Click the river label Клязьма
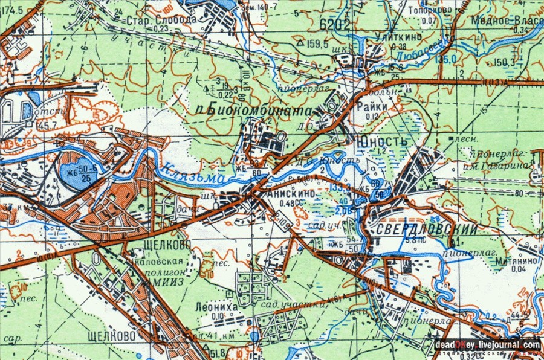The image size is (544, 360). coord(192,175)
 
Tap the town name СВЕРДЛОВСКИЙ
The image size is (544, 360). coord(421,230)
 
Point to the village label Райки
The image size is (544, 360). coord(377,106)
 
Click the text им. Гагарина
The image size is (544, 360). coord(508,165)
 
